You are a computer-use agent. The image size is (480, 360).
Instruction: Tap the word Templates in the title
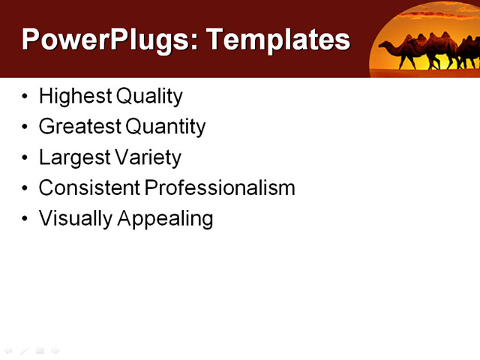278,40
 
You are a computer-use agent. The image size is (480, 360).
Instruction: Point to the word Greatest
81,127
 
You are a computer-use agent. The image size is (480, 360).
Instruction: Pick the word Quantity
166,127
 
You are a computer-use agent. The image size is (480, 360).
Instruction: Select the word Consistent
89,187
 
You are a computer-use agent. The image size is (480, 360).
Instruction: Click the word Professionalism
220,187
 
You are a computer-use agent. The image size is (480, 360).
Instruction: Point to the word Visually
76,218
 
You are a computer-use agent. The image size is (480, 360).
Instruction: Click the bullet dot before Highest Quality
26,97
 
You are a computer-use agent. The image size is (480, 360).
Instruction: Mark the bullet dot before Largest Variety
26,158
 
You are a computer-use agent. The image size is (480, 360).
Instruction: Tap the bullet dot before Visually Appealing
26,219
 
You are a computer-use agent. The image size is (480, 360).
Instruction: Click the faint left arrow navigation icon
8,350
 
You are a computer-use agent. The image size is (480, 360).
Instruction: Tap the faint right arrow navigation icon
55,350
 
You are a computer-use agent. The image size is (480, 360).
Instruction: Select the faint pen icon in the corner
24,350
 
